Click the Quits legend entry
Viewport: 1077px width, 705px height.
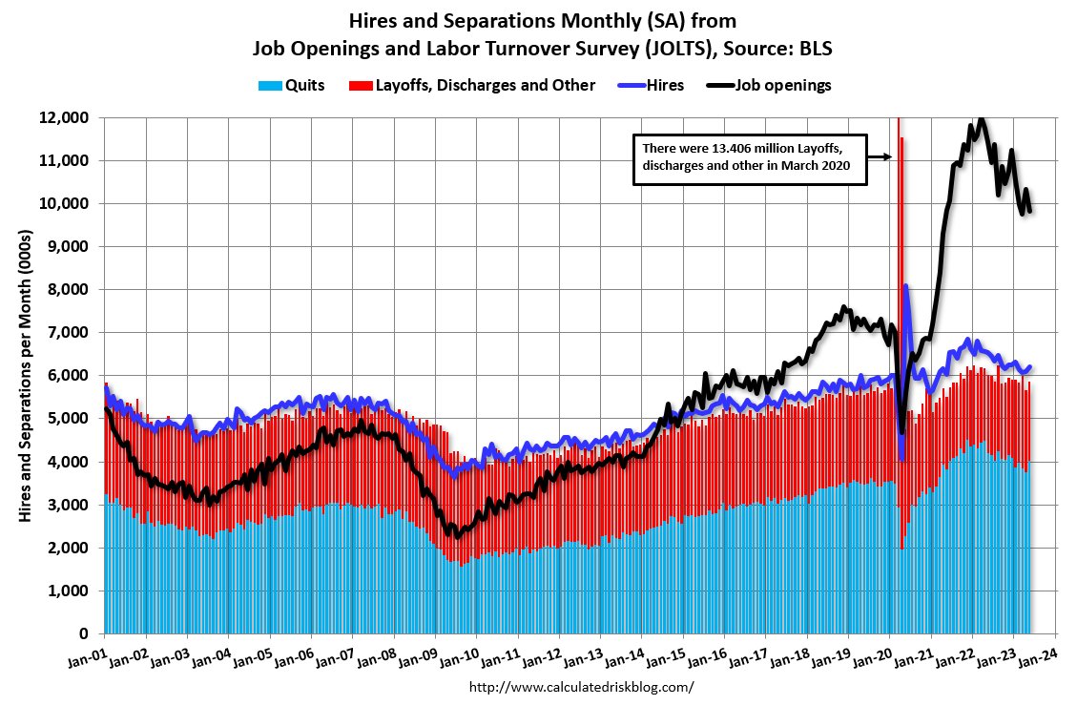pyautogui.click(x=291, y=85)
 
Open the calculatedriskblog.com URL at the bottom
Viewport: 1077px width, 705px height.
pyautogui.click(x=582, y=686)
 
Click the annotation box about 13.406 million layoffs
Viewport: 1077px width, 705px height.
pyautogui.click(x=750, y=158)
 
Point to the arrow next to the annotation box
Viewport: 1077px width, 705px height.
pyautogui.click(x=879, y=156)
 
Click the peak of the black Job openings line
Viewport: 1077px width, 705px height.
pyautogui.click(x=979, y=120)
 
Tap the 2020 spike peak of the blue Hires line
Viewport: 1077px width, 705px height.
pyautogui.click(x=905, y=286)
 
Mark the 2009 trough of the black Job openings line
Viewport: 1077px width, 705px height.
pyautogui.click(x=457, y=535)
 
